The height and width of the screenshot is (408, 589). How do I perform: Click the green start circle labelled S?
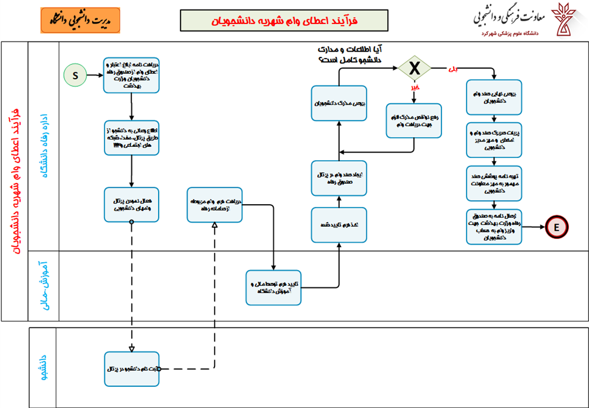75,75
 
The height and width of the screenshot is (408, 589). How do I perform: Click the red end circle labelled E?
557,227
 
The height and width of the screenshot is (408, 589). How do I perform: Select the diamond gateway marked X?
414,68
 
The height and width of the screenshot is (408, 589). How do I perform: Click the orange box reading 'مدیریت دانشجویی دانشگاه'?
80,20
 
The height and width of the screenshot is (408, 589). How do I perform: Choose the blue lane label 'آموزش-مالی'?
44,285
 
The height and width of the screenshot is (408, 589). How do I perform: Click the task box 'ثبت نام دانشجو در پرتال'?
132,368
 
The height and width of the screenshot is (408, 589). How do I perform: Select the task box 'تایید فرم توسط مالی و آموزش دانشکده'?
273,287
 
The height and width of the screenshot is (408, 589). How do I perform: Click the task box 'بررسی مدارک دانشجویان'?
339,103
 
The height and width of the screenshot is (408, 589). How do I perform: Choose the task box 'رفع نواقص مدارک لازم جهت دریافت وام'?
414,120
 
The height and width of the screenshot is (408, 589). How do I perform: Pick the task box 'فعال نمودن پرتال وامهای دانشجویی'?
132,204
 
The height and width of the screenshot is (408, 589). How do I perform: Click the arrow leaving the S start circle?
95,75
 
